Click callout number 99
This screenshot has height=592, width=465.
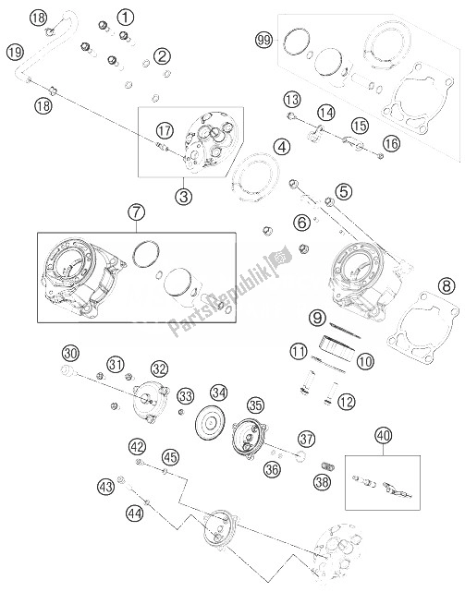tap(263, 40)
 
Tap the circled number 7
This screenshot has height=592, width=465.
tap(136, 212)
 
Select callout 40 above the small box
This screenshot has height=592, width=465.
tap(383, 436)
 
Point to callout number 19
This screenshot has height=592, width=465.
tap(15, 52)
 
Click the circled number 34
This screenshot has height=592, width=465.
tap(219, 393)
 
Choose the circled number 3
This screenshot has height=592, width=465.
tap(183, 196)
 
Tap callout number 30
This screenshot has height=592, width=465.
tap(70, 354)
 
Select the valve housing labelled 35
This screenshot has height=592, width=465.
tap(250, 440)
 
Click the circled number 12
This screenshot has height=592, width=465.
tap(346, 402)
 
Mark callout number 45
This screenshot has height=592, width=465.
tap(170, 457)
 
